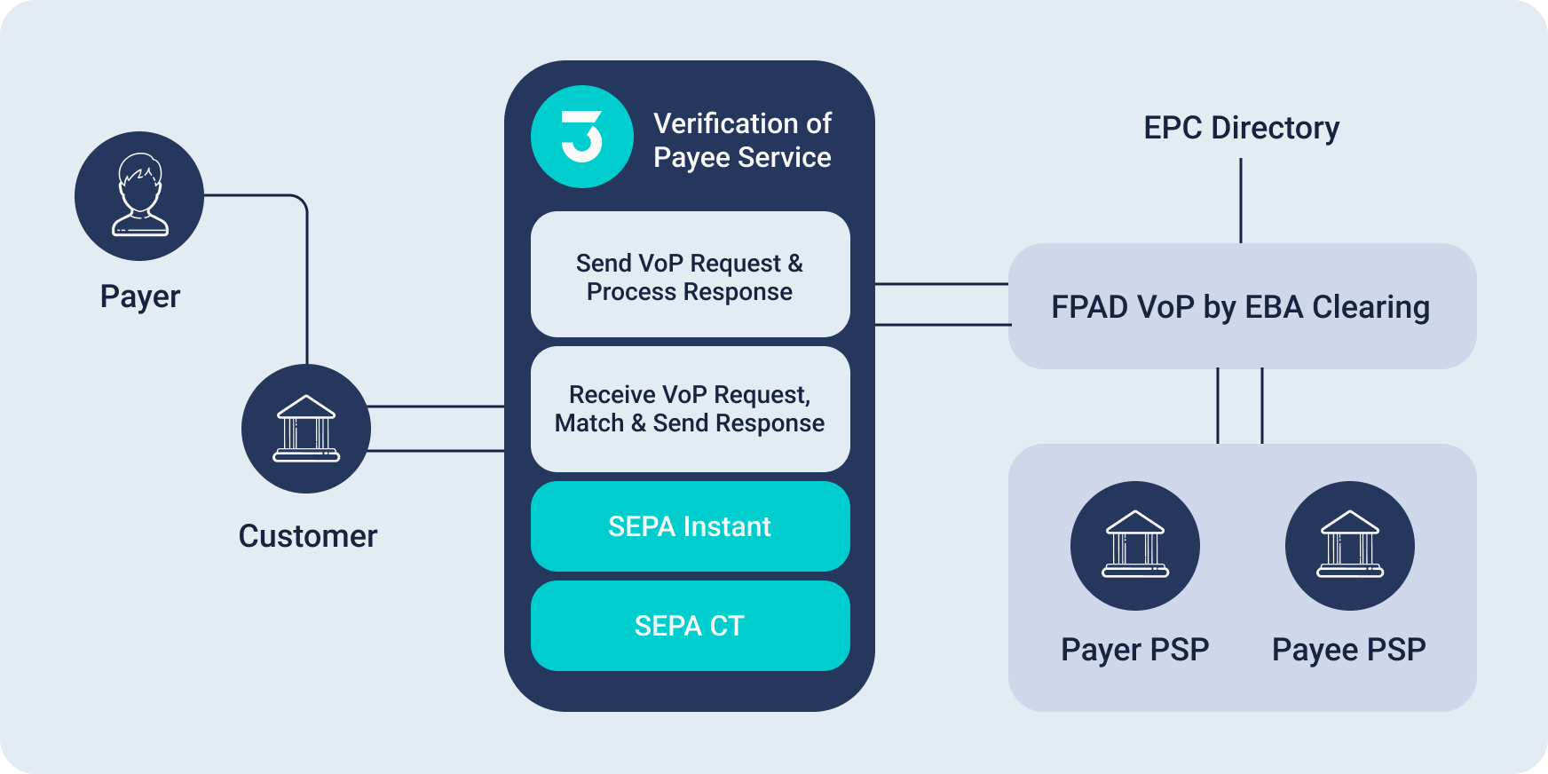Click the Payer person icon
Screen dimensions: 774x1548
click(x=139, y=196)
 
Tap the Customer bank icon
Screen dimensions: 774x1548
click(x=306, y=429)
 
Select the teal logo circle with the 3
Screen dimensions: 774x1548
click(x=582, y=137)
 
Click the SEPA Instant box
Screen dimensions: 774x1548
click(x=690, y=526)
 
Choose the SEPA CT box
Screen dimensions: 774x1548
click(x=690, y=626)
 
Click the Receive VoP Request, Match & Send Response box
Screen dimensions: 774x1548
click(x=690, y=409)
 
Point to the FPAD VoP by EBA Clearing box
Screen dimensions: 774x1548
click(x=1242, y=306)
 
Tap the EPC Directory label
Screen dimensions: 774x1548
click(x=1241, y=128)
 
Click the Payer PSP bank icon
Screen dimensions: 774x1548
click(x=1135, y=546)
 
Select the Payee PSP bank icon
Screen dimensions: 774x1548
click(x=1350, y=546)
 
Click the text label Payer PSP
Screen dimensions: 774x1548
click(x=1135, y=650)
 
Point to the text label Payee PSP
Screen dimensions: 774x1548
click(x=1349, y=650)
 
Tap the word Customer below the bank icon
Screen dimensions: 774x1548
click(x=308, y=536)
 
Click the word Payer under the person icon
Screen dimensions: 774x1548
click(x=140, y=296)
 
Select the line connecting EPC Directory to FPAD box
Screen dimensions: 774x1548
click(x=1241, y=201)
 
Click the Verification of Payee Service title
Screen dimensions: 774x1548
click(x=742, y=140)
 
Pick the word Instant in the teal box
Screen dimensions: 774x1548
click(x=727, y=526)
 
